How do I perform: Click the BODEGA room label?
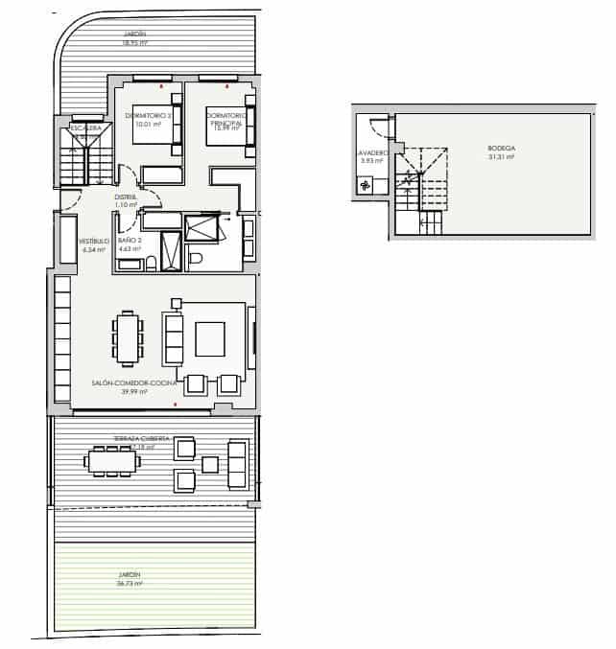501,149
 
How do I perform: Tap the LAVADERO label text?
372,152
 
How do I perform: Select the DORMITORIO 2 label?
147,116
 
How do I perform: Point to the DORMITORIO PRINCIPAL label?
226,119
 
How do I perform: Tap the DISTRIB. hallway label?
126,197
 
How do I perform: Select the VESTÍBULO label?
93,242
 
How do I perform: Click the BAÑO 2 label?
130,241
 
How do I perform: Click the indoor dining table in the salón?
128,340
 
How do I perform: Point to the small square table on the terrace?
209,465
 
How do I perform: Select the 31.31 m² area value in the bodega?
501,157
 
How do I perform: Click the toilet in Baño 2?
195,259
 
